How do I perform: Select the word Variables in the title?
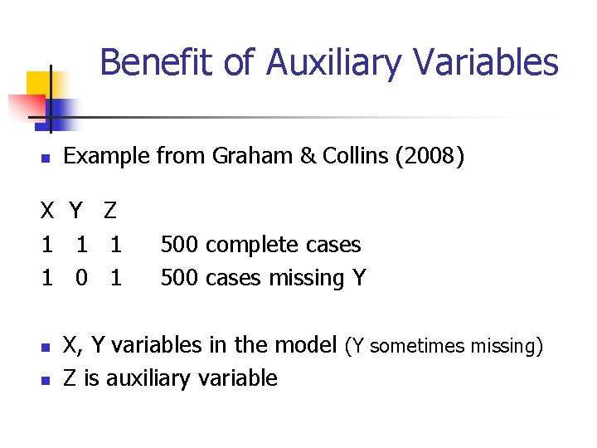[x=482, y=62]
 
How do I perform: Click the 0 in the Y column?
[x=81, y=279]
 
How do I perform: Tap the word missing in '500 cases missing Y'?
[x=307, y=279]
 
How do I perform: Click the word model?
[x=306, y=345]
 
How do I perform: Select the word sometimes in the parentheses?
[x=415, y=346]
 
